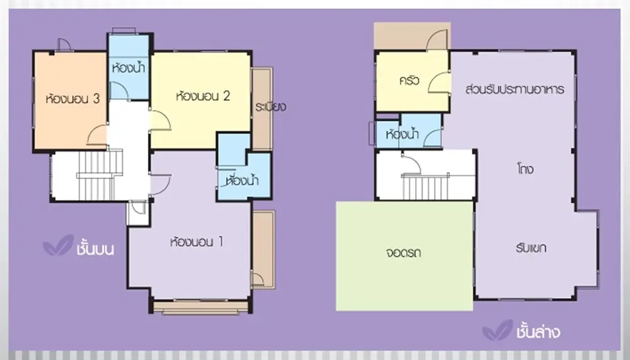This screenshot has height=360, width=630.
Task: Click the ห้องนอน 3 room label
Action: point(72,98)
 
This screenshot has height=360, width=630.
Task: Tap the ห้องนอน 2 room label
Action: point(203,96)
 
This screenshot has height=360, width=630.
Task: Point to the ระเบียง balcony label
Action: point(270,107)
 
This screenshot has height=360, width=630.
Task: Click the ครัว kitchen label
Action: point(409,81)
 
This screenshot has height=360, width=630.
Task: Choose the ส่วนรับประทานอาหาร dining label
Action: point(515,89)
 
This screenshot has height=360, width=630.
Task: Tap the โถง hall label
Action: point(525,168)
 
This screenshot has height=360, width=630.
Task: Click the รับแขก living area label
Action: point(530,248)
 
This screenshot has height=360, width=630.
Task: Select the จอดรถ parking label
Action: point(403,253)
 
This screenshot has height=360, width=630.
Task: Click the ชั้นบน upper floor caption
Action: point(95,248)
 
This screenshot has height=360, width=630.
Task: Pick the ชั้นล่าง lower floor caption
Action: point(538,332)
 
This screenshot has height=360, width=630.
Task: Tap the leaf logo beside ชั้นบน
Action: point(58,245)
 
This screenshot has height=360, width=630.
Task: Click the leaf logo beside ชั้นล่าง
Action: point(498,330)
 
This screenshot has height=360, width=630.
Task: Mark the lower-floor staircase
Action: point(426,187)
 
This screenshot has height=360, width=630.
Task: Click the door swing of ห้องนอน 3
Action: point(97,135)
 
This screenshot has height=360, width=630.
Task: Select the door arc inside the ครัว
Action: point(439,83)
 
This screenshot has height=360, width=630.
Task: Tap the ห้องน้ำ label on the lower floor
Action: point(402,134)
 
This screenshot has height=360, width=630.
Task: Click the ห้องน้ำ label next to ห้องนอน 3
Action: point(129,67)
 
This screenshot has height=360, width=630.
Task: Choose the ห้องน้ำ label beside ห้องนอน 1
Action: point(243,180)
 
